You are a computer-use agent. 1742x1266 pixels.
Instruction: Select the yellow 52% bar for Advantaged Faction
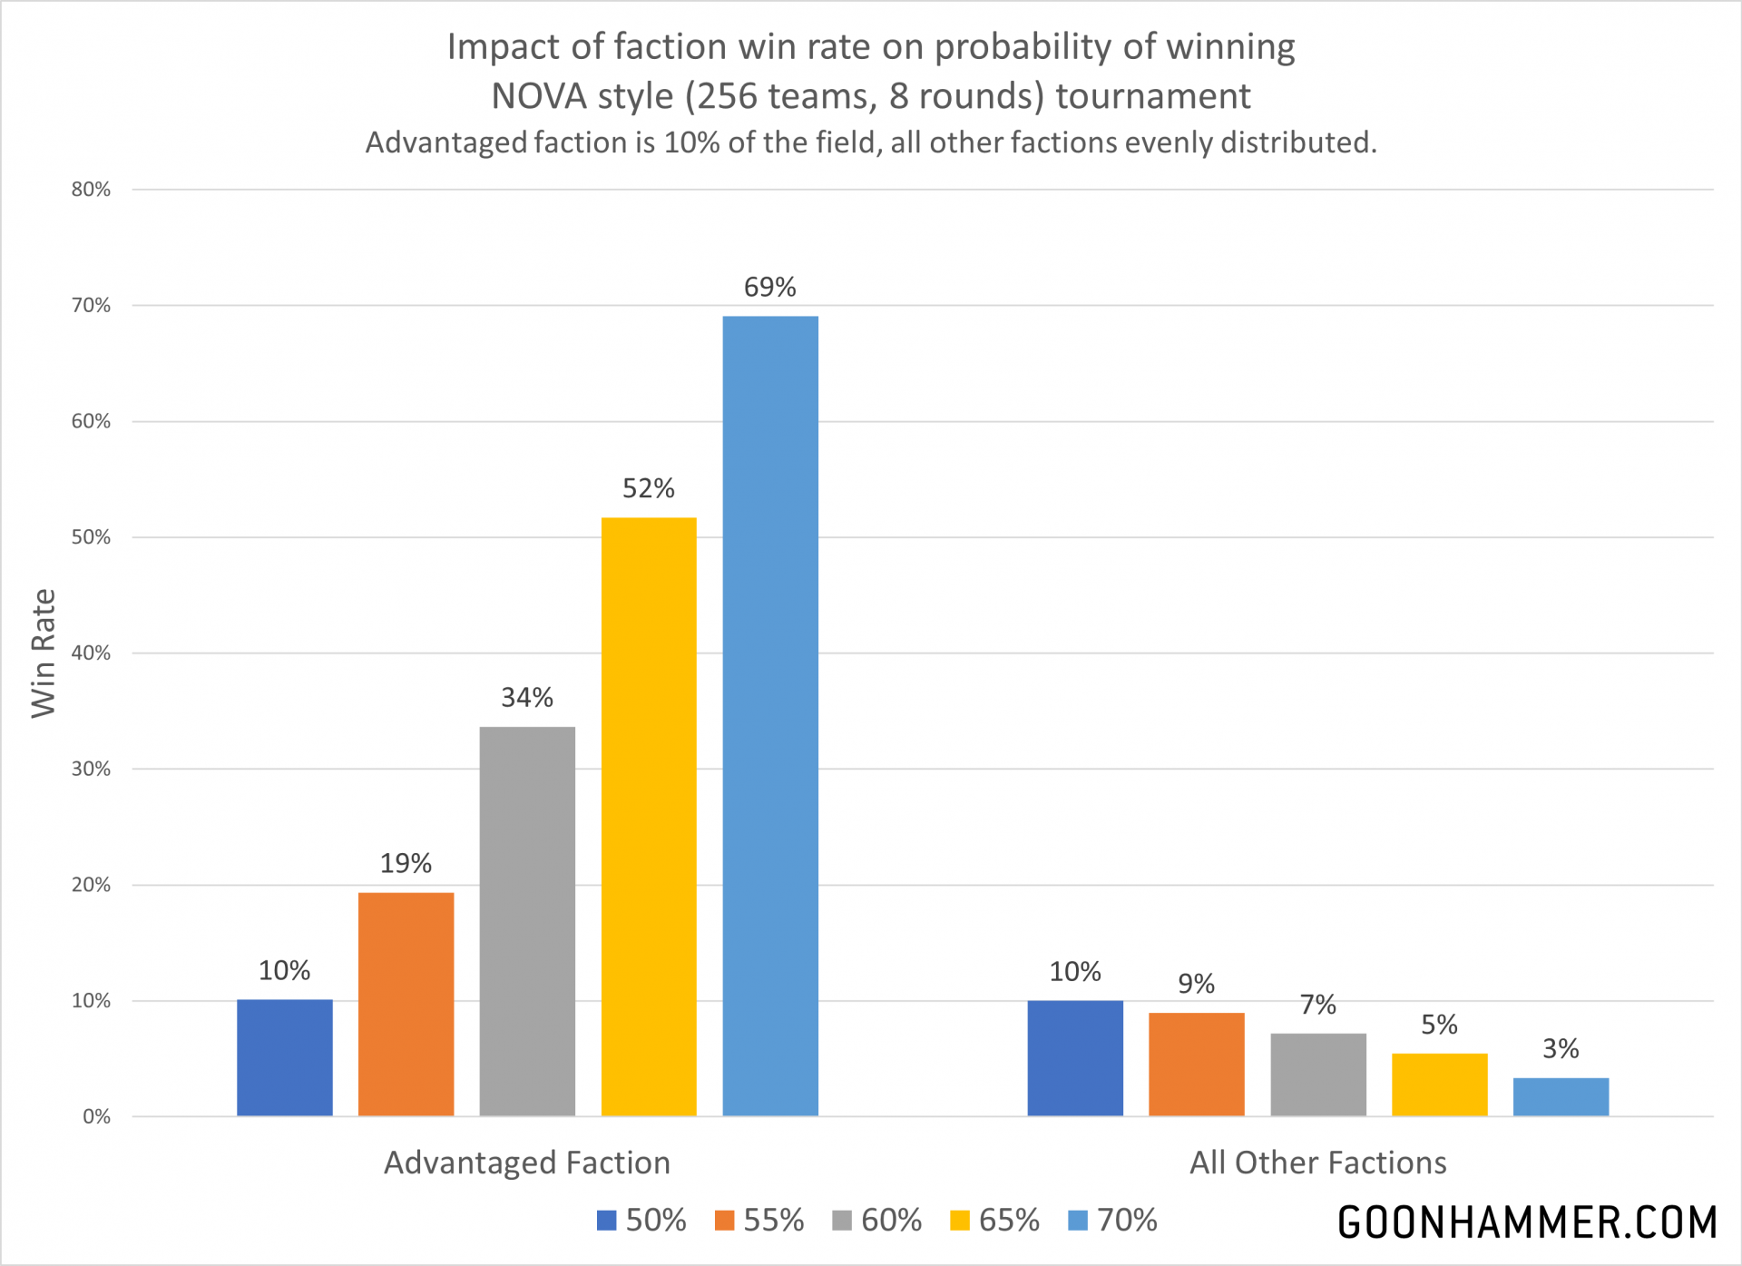[x=649, y=817]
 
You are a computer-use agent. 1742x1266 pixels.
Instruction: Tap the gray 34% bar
[x=527, y=921]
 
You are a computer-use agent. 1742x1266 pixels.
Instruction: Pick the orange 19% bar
[x=406, y=1004]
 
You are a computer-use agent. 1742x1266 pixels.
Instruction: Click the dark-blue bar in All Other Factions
[x=1075, y=1058]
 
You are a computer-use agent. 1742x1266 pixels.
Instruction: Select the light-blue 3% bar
[x=1561, y=1097]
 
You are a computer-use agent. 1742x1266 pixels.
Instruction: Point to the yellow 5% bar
[x=1439, y=1084]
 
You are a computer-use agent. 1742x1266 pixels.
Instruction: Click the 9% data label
[x=1196, y=984]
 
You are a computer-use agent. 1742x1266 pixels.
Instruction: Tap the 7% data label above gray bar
[x=1317, y=1005]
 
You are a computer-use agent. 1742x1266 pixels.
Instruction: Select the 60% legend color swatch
[x=842, y=1221]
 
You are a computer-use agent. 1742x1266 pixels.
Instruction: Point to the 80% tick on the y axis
[x=91, y=190]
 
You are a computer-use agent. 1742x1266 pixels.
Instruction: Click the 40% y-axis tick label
[x=91, y=653]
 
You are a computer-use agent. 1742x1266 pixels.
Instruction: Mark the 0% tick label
[x=96, y=1117]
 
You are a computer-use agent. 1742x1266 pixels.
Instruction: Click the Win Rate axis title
[x=44, y=653]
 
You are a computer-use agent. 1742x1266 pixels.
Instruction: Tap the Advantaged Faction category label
[x=527, y=1163]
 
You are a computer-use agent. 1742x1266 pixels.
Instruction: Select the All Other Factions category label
[x=1317, y=1163]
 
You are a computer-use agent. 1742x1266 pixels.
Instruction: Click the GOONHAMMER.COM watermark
[x=1527, y=1222]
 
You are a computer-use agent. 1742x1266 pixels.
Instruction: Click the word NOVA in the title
[x=538, y=96]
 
